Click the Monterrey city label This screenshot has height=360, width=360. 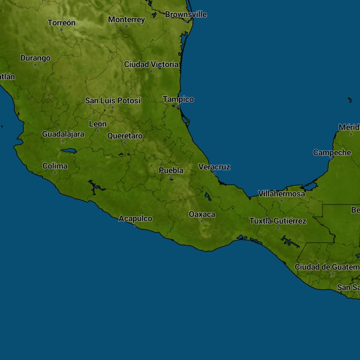(126, 19)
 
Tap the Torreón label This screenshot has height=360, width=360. (61, 23)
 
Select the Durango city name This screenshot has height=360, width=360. (35, 58)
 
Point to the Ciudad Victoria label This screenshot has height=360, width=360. (151, 65)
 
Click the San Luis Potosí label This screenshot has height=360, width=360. (113, 100)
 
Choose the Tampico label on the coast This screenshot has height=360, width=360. (178, 99)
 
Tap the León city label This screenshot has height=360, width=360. (97, 124)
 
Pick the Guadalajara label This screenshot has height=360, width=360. (63, 134)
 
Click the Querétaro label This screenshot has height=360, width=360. (125, 136)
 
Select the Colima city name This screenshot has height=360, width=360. (55, 166)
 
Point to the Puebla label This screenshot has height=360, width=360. (171, 170)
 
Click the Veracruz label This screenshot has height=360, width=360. (214, 167)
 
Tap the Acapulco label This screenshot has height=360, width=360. (135, 218)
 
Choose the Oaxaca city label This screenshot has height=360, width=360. (202, 214)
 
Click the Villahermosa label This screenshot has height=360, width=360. (282, 194)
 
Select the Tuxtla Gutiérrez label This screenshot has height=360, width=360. (278, 221)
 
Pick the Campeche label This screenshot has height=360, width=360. (332, 152)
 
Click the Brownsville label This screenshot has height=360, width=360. (186, 14)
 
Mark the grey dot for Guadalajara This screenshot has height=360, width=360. (63, 141)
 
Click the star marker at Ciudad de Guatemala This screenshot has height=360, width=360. (332, 274)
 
